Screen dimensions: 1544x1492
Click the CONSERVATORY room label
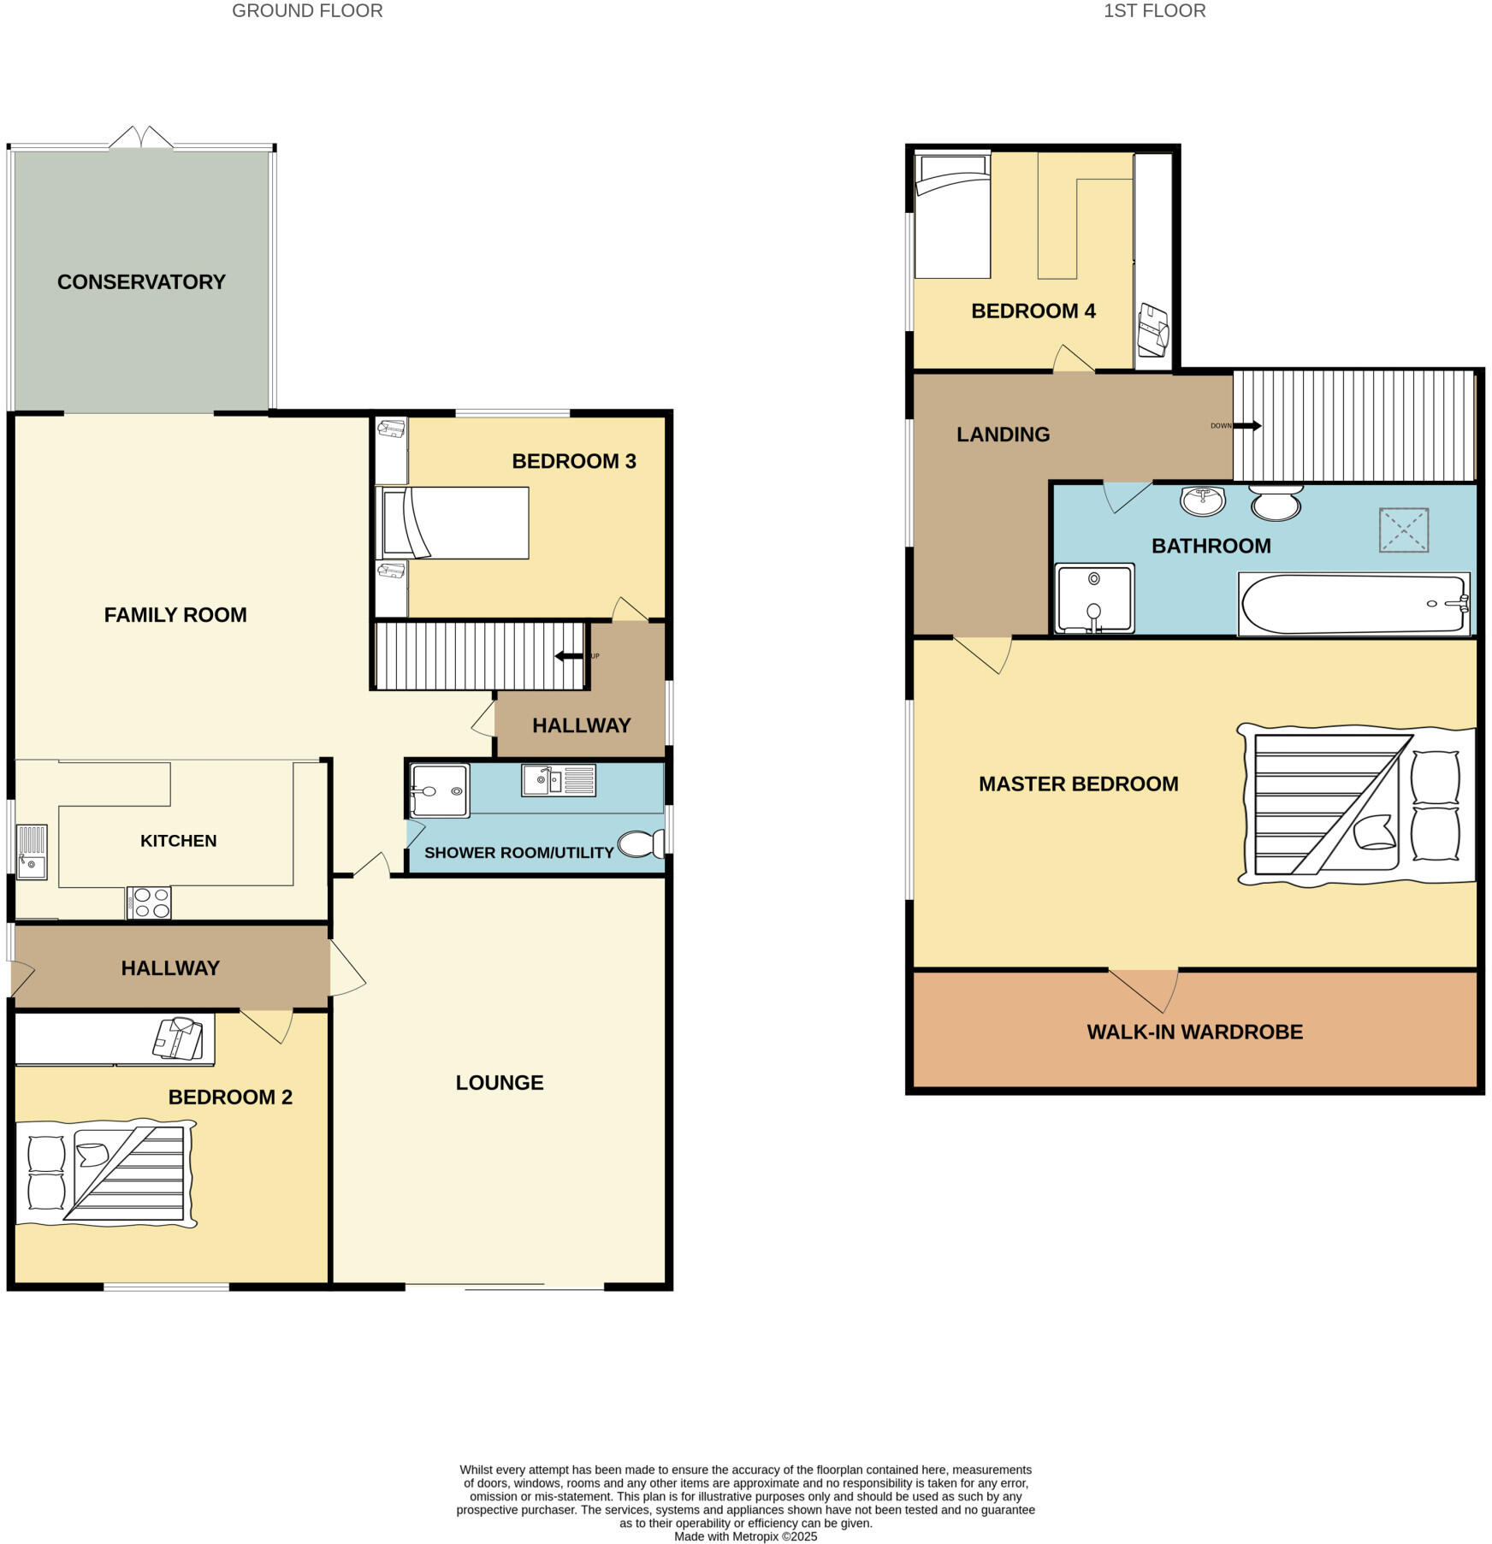point(141,281)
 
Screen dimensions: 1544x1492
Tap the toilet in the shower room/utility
point(640,843)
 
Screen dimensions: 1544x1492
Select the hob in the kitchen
point(149,902)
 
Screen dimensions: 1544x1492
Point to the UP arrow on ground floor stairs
point(569,656)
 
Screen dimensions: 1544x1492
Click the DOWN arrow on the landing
point(1246,426)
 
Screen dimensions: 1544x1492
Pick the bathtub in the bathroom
point(1353,604)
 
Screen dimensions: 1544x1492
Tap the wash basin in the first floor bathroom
point(1202,500)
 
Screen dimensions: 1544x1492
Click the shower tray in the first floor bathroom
point(1094,598)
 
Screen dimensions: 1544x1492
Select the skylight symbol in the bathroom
point(1403,529)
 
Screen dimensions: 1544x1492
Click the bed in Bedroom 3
point(453,523)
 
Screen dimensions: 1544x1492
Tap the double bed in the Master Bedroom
point(1356,804)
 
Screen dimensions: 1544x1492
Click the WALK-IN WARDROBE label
point(1194,1032)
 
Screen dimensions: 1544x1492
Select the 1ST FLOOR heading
point(1154,11)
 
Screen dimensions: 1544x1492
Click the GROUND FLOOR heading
point(307,11)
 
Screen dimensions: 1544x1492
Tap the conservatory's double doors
point(141,138)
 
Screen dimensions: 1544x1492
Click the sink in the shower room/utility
point(558,779)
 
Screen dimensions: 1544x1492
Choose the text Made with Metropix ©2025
point(745,1536)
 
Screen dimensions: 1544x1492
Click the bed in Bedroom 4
point(951,216)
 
